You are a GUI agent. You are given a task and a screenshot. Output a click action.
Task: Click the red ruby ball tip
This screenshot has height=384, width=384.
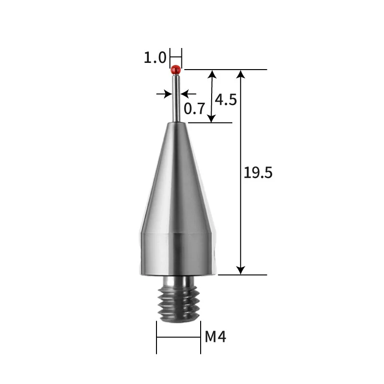(176, 70)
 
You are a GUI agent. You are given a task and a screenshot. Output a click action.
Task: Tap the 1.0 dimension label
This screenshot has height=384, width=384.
(155, 58)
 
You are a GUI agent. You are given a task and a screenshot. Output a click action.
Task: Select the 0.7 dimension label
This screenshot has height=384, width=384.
(194, 108)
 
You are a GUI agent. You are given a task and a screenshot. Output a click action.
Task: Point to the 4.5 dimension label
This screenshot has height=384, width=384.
(226, 100)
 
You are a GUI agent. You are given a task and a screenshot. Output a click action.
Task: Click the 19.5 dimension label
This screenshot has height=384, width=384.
(258, 172)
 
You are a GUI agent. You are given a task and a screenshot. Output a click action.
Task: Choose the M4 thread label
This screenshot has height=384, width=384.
(216, 336)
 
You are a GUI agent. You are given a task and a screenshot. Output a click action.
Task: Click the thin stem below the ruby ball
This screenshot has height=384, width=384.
(176, 98)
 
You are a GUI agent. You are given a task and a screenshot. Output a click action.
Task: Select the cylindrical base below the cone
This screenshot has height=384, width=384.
(178, 254)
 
